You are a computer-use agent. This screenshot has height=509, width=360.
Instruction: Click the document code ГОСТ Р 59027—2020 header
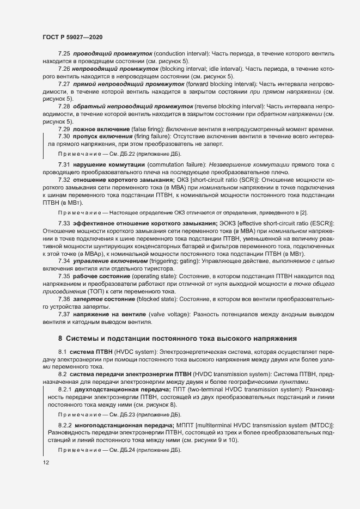tap(72, 36)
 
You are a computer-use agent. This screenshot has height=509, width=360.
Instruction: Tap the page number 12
tap(46, 462)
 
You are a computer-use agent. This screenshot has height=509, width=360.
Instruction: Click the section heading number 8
tap(60, 338)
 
